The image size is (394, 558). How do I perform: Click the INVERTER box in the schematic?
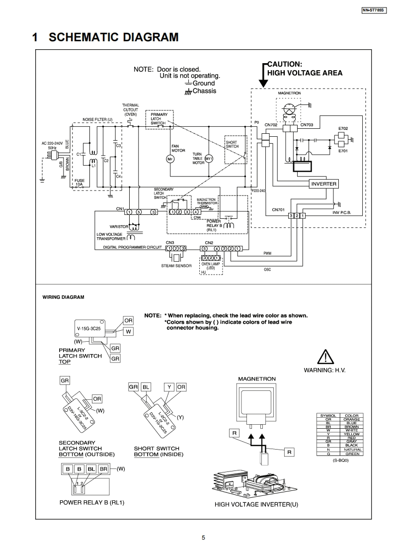pos(323,184)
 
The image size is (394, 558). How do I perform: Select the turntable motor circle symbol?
pos(209,158)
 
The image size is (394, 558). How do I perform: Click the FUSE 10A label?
pos(79,182)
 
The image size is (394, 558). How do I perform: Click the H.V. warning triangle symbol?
pos(324,358)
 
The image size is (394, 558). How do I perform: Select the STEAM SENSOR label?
pos(176,266)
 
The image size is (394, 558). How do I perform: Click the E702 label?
pos(343,128)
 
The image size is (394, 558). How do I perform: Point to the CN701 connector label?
pos(278,210)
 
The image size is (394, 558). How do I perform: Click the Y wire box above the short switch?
pos(169,386)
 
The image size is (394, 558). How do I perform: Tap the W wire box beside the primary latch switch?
pos(128,331)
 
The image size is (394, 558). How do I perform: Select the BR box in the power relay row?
pos(103,469)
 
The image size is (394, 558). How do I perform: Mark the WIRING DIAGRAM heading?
pos(63,297)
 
